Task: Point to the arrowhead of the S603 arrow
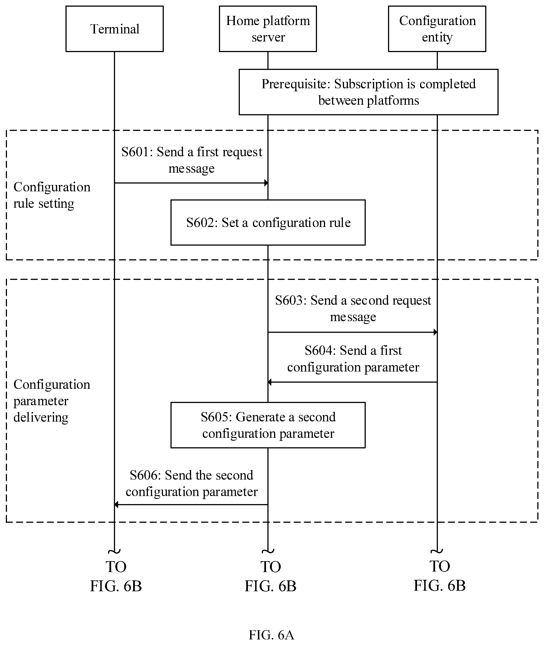pos(435,332)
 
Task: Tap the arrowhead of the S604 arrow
pos(270,382)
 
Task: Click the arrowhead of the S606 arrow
pos(116,504)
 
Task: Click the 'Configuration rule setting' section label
pos(52,195)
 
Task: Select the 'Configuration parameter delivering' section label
pos(52,401)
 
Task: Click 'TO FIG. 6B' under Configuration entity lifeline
pos(440,576)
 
